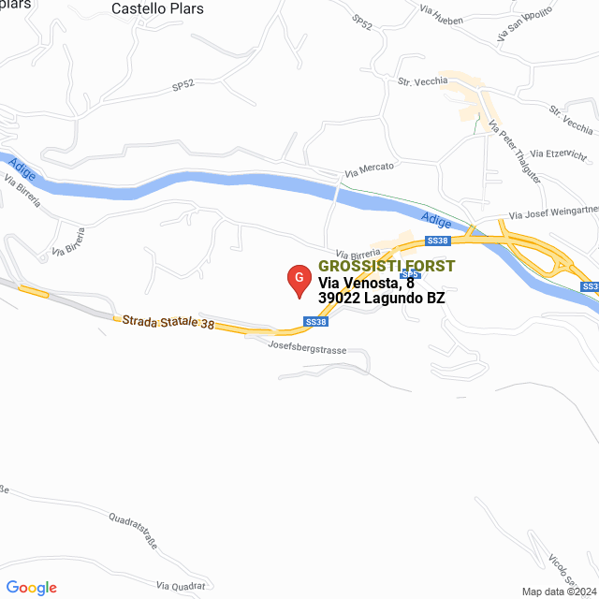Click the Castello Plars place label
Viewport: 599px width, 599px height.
click(x=157, y=8)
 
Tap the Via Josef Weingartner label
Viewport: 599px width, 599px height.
click(x=552, y=212)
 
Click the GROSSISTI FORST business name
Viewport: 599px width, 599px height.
click(x=387, y=266)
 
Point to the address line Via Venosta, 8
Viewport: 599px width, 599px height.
click(x=366, y=283)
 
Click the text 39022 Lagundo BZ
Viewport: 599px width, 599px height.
click(x=381, y=299)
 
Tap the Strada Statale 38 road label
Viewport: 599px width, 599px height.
click(x=168, y=323)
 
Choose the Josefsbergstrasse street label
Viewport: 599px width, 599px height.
click(x=307, y=348)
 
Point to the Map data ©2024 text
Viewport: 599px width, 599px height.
click(x=558, y=591)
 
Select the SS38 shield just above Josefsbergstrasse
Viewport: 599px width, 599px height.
click(x=316, y=322)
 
